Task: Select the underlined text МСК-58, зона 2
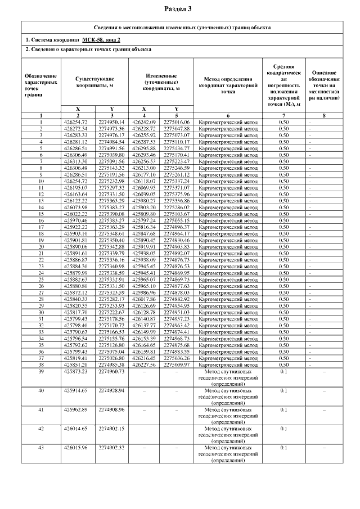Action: pos(101,39)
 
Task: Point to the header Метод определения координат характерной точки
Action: pos(228,84)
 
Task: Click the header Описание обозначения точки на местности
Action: pos(324,84)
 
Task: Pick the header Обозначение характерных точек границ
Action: pos(41,84)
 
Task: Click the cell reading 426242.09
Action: pos(144,122)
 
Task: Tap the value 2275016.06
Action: pos(177,122)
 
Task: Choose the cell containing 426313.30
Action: pos(79,161)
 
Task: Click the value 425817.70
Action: pos(79,312)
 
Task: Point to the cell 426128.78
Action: pos(144,312)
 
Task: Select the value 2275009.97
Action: pos(177,364)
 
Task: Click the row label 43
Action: pos(41,448)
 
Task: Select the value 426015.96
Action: pos(79,448)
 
